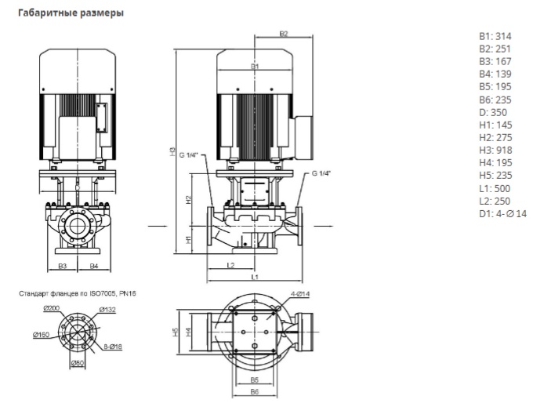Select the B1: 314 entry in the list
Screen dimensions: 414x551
[x=494, y=37]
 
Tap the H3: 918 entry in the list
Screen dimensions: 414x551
[x=495, y=150]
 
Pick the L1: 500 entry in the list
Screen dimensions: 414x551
[x=495, y=187]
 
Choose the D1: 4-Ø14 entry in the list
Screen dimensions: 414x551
[x=502, y=212]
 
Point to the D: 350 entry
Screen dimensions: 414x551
[x=493, y=112]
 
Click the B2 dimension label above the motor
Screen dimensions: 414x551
[x=284, y=34]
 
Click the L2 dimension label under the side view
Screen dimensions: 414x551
[x=232, y=265]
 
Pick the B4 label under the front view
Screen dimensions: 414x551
[x=93, y=266]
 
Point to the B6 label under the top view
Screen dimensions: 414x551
[x=254, y=390]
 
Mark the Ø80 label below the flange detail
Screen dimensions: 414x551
[x=78, y=363]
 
